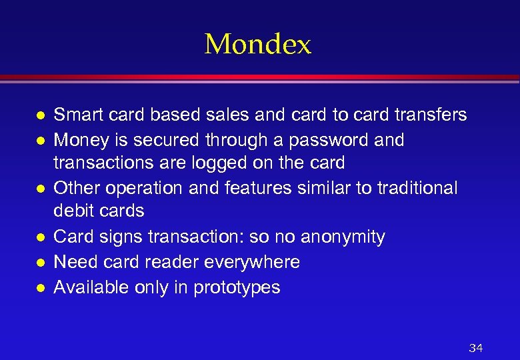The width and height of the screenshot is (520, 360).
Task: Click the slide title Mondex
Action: (258, 45)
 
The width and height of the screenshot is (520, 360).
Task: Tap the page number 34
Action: (475, 348)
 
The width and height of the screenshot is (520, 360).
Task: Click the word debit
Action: (73, 211)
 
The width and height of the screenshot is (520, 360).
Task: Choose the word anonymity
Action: (343, 237)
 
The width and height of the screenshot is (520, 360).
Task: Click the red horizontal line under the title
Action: (260, 77)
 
